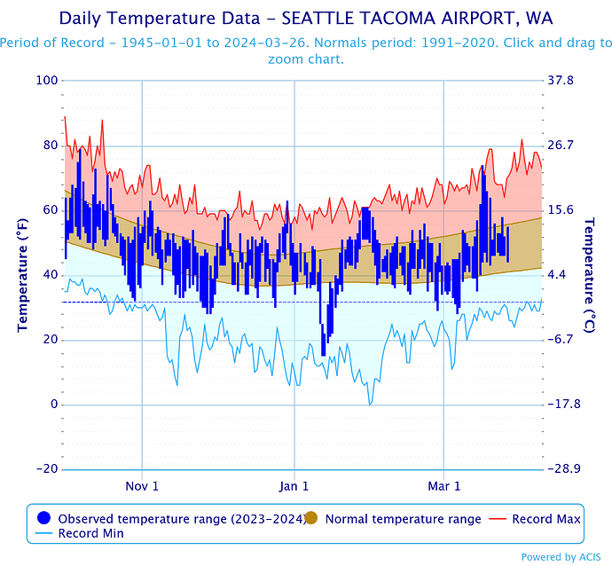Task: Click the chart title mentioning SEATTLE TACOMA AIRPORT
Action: point(305,18)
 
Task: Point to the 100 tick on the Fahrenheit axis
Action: point(47,81)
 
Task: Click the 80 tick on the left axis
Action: point(50,145)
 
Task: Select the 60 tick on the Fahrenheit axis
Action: point(50,210)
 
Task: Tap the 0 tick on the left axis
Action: point(53,405)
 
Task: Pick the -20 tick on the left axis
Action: point(46,469)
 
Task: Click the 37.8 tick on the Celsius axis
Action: point(562,81)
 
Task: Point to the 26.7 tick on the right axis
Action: point(562,145)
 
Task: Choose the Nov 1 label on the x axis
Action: point(143,486)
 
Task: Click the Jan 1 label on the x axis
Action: point(294,486)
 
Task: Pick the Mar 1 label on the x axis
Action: point(444,486)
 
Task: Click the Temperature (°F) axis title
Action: point(23,275)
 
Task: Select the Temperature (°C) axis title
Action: point(588,275)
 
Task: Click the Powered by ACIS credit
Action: point(566,557)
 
